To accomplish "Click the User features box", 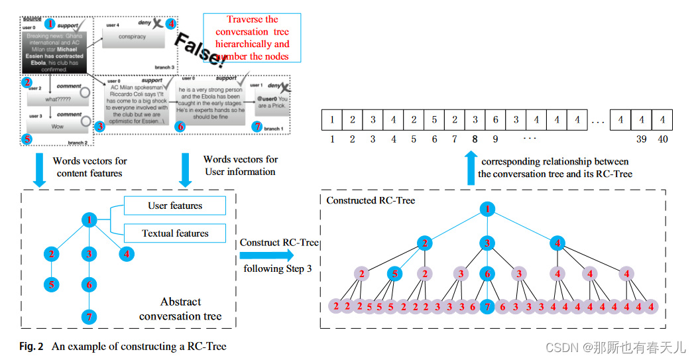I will [175, 206].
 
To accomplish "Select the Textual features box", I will [175, 233].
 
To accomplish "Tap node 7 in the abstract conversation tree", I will [88, 317].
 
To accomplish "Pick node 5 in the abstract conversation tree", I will [52, 285].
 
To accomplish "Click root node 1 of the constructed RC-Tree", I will [487, 210].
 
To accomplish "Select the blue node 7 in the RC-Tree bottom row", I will [487, 307].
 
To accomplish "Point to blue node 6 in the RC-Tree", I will [487, 274].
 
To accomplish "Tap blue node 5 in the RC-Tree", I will [394, 274].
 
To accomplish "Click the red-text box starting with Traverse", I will [252, 38].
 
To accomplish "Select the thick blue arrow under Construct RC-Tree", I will [278, 255].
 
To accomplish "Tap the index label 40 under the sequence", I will [663, 139].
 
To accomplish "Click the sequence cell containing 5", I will [435, 120].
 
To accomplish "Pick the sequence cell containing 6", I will [495, 120].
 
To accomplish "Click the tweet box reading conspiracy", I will [132, 37].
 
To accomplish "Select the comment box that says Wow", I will [58, 126].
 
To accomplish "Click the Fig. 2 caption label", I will [31, 346].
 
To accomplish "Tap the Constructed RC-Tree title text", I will [371, 200].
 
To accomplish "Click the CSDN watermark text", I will [615, 347].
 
